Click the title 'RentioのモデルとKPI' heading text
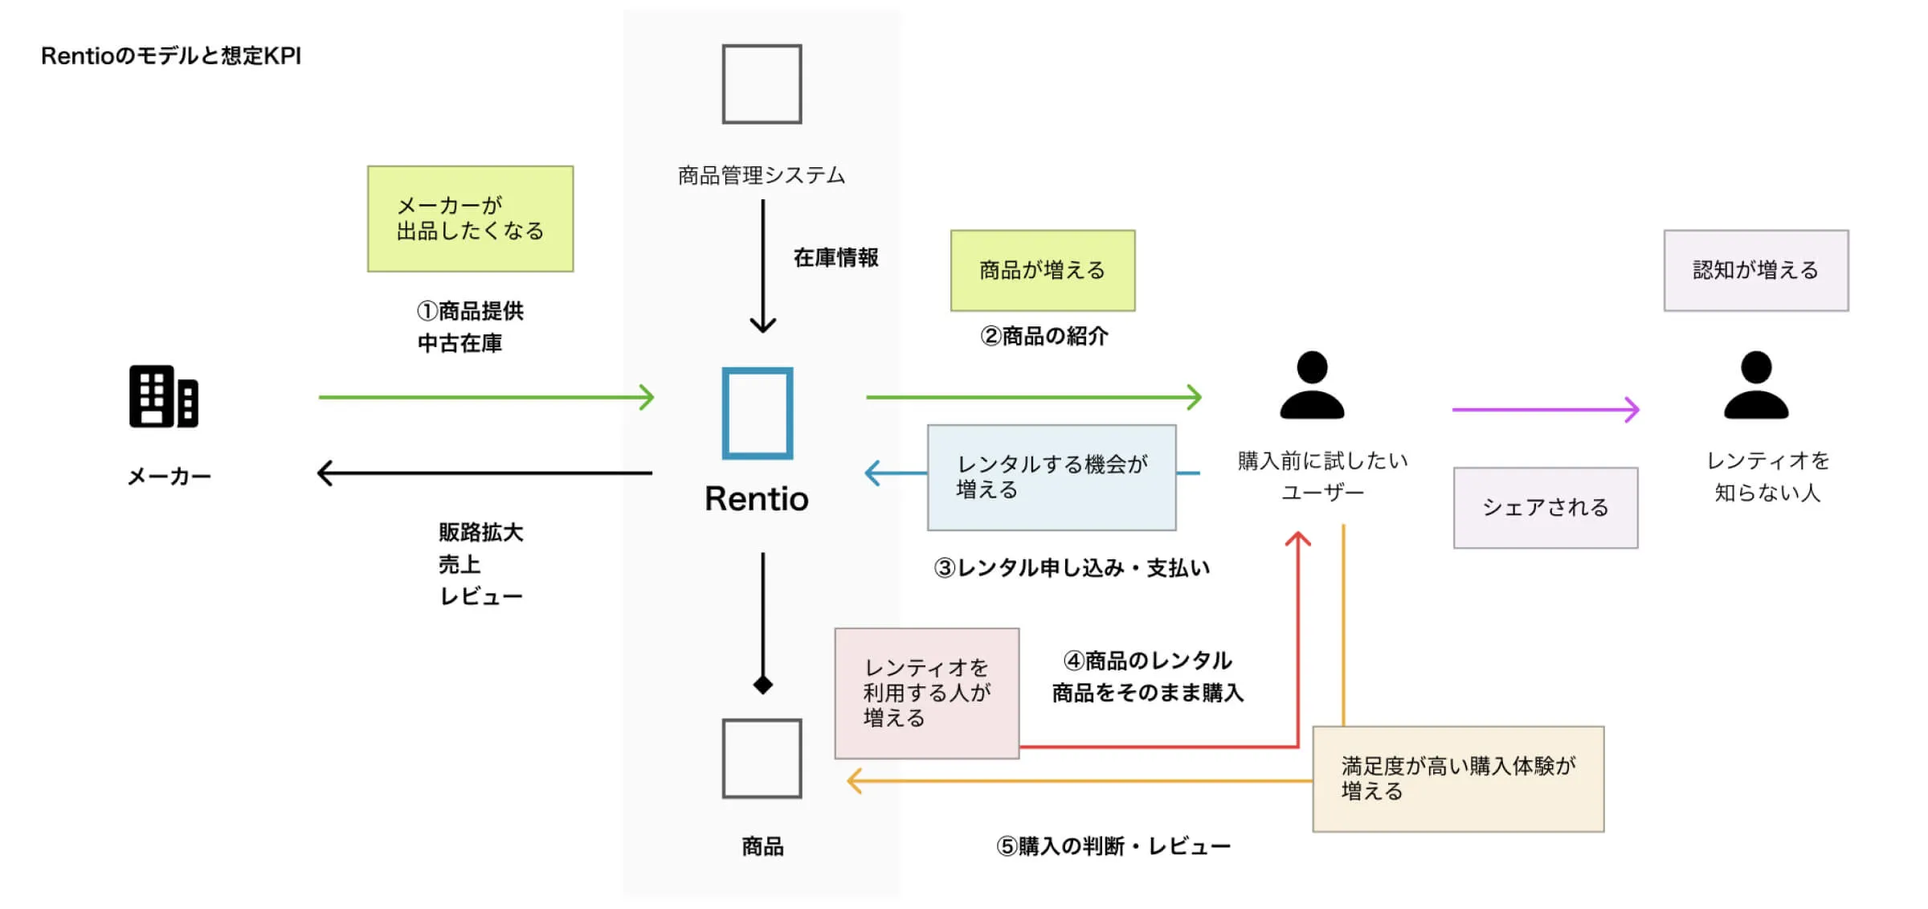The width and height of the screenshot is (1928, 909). click(x=171, y=55)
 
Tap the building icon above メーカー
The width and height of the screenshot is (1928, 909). click(x=163, y=397)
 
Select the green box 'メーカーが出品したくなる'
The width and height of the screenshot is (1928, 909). click(x=470, y=219)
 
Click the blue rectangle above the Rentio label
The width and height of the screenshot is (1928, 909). click(x=757, y=413)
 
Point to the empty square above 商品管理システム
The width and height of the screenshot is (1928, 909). click(x=762, y=84)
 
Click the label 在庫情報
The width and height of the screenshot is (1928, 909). click(x=835, y=258)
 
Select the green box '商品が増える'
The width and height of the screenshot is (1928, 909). click(x=1042, y=271)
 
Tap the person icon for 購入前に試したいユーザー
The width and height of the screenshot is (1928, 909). click(x=1311, y=386)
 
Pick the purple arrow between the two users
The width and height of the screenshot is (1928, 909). click(x=1544, y=410)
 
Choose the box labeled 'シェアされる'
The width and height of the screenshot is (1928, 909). click(x=1545, y=508)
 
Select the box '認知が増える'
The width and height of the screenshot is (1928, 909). click(x=1755, y=271)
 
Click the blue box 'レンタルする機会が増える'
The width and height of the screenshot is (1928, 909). click(x=1051, y=477)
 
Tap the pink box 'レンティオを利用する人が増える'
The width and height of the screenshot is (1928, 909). click(x=926, y=693)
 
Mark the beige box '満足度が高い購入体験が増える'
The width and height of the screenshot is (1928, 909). click(x=1457, y=779)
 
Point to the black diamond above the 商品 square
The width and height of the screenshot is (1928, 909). click(x=762, y=685)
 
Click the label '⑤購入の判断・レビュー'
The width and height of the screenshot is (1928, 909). click(x=1113, y=846)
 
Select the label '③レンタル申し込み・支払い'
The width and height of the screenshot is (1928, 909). click(x=1071, y=568)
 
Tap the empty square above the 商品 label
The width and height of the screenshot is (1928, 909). click(x=762, y=758)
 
